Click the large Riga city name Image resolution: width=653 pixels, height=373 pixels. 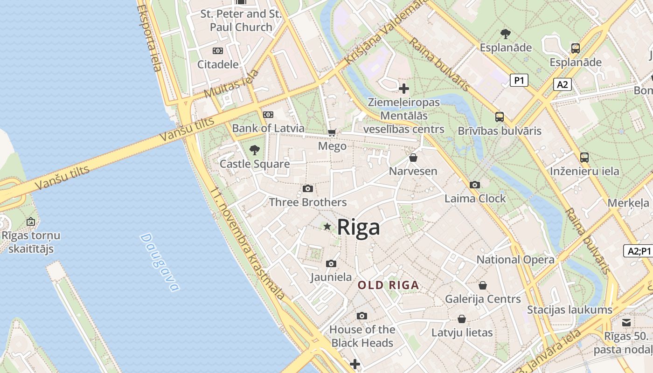[358, 227]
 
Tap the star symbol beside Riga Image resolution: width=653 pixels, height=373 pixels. [327, 227]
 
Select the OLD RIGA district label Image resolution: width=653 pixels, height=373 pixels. [388, 285]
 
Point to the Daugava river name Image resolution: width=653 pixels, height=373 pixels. [160, 262]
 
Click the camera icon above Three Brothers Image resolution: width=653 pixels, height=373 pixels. [308, 189]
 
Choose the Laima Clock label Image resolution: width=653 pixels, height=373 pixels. [475, 199]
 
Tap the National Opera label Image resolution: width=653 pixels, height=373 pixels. [515, 260]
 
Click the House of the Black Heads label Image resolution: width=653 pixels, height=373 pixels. [362, 336]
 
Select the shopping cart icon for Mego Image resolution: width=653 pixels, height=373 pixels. [332, 133]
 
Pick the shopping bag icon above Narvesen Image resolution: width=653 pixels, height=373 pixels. [413, 158]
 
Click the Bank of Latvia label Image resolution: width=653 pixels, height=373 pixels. [268, 128]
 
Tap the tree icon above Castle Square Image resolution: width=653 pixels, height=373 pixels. [255, 150]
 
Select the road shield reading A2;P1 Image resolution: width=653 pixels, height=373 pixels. [639, 251]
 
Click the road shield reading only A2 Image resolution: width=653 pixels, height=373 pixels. [563, 84]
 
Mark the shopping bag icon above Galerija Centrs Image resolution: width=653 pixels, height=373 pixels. [483, 285]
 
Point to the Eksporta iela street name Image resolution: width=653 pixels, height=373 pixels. [150, 37]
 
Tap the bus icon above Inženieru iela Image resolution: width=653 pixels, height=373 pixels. [584, 158]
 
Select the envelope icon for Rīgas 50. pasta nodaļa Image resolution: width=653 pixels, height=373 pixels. [626, 322]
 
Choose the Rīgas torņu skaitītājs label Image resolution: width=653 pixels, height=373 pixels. [31, 242]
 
